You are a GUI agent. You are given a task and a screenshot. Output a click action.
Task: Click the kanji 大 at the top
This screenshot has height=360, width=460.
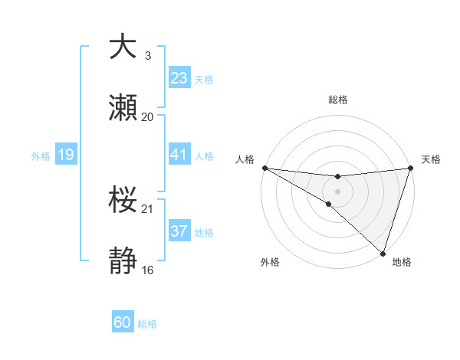123,47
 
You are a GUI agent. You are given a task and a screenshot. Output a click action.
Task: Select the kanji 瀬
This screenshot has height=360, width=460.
123,109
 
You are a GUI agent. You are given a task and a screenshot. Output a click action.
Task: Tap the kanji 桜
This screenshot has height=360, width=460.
123,200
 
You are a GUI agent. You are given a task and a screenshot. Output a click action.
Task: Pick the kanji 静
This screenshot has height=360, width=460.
123,262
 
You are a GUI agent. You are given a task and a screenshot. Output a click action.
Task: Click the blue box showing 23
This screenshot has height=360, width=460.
179,78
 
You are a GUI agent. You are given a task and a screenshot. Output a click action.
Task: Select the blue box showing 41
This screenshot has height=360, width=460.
179,155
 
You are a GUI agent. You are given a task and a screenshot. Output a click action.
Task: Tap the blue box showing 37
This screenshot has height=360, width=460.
179,231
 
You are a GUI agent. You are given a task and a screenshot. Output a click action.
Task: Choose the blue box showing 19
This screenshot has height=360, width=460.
65,155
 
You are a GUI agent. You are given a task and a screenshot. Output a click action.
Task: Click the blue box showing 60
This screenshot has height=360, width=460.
123,323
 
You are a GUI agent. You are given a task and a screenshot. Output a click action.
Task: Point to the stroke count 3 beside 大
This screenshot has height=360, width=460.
148,56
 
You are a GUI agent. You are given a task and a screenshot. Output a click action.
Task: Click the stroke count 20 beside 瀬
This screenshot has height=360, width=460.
148,117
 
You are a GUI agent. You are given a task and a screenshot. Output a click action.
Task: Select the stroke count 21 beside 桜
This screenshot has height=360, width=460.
148,209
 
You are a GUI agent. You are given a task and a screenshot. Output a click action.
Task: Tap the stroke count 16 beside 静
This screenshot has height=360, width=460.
148,270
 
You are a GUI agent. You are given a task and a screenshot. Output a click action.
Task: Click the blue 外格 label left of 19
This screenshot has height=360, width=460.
41,156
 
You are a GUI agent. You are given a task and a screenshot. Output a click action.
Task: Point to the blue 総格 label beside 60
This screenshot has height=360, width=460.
147,324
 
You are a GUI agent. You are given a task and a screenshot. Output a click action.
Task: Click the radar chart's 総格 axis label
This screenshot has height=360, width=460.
337,100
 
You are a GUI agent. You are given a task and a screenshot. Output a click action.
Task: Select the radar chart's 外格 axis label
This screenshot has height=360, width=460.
270,263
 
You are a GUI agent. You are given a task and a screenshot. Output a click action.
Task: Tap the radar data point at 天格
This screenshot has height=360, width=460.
410,168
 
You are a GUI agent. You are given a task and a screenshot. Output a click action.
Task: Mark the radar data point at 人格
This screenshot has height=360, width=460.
264,168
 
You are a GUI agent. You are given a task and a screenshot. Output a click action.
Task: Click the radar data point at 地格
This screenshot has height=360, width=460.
383,253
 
